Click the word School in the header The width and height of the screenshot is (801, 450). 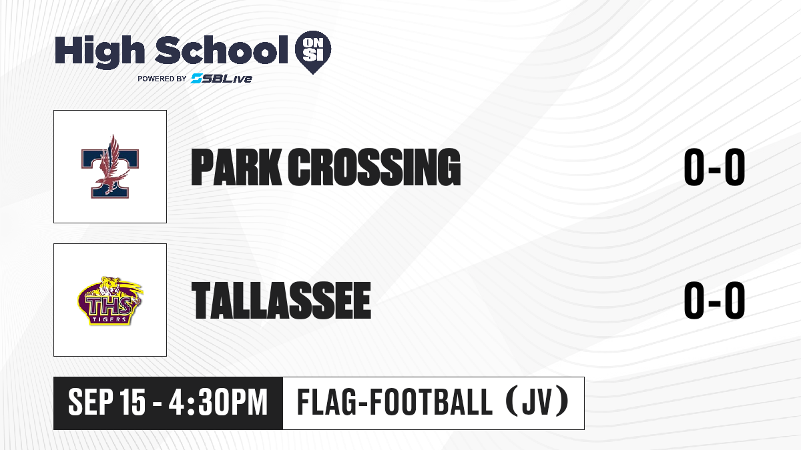click(x=222, y=49)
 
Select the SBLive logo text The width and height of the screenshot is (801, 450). click(x=222, y=78)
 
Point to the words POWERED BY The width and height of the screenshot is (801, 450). click(x=162, y=79)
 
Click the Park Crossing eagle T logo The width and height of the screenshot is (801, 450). click(x=110, y=167)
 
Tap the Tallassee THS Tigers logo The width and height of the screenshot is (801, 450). click(x=110, y=301)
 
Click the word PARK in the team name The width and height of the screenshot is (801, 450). click(x=236, y=167)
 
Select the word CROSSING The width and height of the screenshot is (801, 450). click(x=374, y=167)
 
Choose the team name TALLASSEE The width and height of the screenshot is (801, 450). click(x=281, y=300)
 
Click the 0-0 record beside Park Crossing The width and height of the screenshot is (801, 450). click(x=714, y=167)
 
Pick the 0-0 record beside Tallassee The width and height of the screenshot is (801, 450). click(x=714, y=300)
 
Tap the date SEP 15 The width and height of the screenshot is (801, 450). click(x=107, y=403)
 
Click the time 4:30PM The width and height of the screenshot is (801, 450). click(x=218, y=403)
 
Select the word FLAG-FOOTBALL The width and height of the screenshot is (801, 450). click(x=394, y=402)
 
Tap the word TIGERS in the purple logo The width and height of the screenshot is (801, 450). click(x=109, y=319)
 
